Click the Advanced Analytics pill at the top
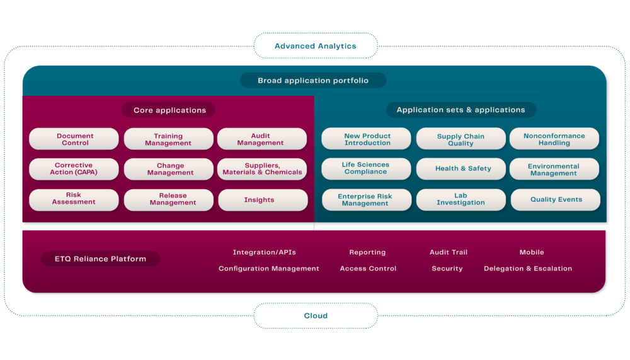coord(315,46)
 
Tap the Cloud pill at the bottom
coord(315,315)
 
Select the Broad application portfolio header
coord(312,81)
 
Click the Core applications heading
coord(169,110)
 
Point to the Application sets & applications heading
coord(461,110)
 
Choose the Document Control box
coord(74,139)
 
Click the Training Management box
coord(168,139)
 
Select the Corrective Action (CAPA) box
coord(74,169)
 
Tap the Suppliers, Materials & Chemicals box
coord(262,169)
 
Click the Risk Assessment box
coord(74,199)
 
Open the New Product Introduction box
coord(367,139)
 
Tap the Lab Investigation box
coord(461,200)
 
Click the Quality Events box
coord(555,200)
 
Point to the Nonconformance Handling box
coord(554,139)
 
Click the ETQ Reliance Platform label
coord(101,258)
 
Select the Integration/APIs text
coord(264,252)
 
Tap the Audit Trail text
coord(448,252)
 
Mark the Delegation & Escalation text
coord(527,269)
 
